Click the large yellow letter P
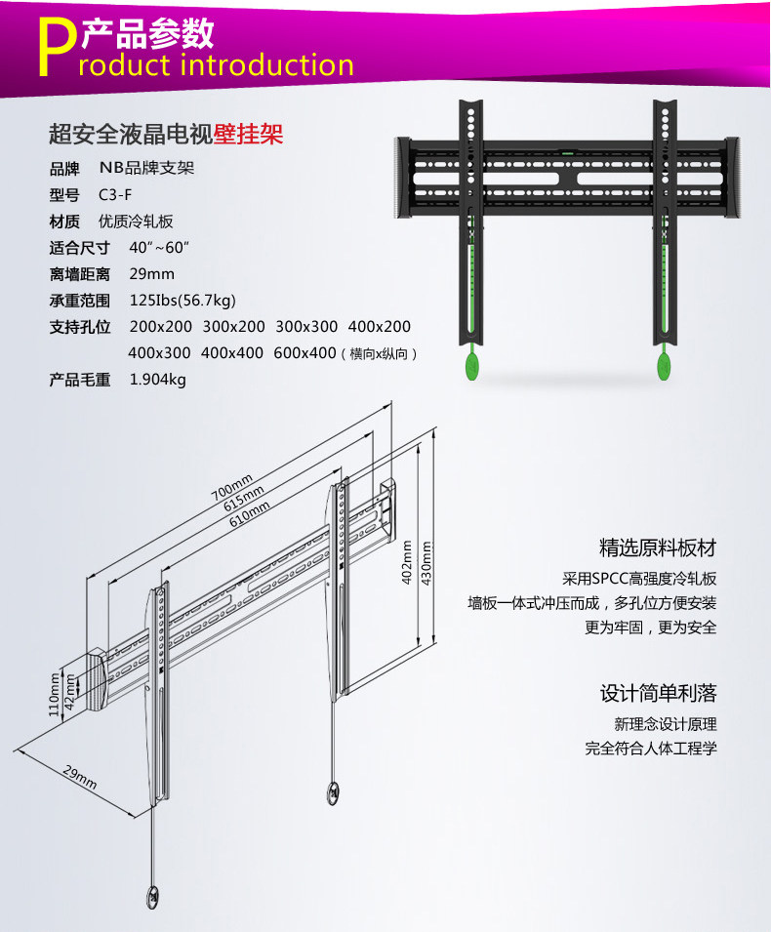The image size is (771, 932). click(58, 47)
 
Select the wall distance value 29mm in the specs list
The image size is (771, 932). click(151, 273)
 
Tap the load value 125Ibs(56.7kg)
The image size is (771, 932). click(183, 300)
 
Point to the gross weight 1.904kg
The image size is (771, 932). click(157, 380)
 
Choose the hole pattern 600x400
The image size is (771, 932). click(304, 353)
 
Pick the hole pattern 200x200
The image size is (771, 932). click(161, 326)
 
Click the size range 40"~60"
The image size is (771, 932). click(159, 247)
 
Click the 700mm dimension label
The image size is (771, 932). click(231, 488)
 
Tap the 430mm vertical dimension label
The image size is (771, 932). click(426, 563)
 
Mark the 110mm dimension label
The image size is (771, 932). click(55, 694)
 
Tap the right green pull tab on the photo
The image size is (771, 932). click(663, 367)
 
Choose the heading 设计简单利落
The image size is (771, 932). click(658, 694)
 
